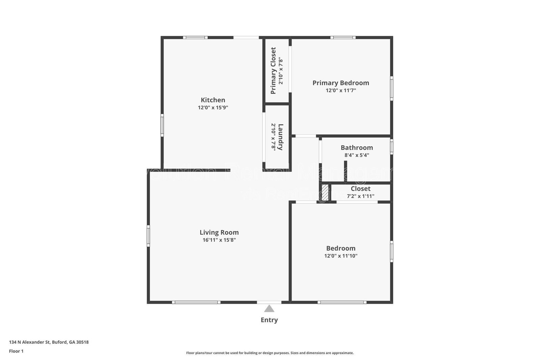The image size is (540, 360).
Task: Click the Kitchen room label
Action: coord(213,100)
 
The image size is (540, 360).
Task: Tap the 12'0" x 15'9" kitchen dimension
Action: coord(213,108)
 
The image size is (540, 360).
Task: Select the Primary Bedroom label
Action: coord(341,83)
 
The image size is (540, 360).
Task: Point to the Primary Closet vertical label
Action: coord(273,71)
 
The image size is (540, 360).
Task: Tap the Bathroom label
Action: coord(356,148)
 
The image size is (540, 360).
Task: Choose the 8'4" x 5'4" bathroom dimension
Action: coord(356,155)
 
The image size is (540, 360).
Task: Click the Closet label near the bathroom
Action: coord(360,189)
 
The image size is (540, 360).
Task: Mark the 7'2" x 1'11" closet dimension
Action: coord(360,196)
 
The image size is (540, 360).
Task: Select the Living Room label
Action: coord(219,232)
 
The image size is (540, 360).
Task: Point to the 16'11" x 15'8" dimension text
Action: coord(219,240)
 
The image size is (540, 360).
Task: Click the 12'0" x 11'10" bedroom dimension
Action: coord(341,256)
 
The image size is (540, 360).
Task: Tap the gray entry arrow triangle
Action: coord(269,309)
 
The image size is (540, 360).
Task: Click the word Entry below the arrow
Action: coord(269,320)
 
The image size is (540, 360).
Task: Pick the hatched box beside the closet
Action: coord(325,192)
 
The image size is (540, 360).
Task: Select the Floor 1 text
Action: coord(16,351)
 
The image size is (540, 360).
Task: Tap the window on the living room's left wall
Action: coord(148,236)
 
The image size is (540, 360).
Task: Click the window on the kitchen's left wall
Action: coord(162,125)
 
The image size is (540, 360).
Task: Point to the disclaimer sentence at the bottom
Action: coord(270,353)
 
